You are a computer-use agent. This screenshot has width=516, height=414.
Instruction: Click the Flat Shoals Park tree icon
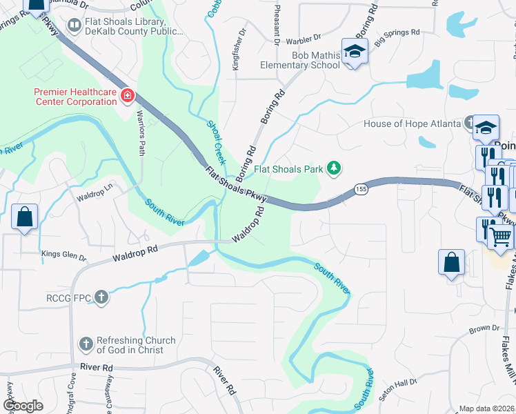pos(334,168)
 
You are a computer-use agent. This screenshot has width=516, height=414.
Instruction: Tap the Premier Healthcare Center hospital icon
pos(127,95)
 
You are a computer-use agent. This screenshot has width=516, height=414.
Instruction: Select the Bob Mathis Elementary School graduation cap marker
pos(355,52)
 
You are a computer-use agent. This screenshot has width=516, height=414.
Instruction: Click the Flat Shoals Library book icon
pos(73,26)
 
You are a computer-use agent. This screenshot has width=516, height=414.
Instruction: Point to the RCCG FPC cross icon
pos(101,297)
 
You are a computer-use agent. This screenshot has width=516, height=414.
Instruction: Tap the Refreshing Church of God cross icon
pos(86,344)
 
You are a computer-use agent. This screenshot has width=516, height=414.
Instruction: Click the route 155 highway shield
pos(361,188)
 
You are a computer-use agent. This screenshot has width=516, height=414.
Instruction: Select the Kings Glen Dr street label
pos(63,255)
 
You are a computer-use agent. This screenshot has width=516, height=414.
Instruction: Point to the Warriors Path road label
pos(141,132)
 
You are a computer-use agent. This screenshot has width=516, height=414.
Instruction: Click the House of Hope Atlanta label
pos(412,124)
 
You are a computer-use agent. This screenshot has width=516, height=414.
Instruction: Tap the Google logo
pos(23,406)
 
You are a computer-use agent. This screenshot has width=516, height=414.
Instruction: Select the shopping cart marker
pos(501,237)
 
